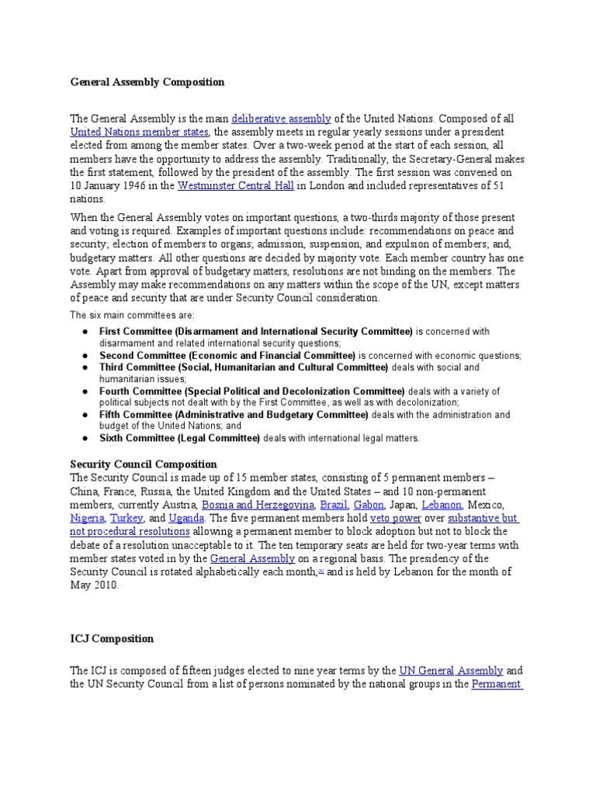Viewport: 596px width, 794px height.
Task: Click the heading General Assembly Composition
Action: click(x=147, y=81)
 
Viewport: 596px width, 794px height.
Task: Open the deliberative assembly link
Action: click(x=281, y=119)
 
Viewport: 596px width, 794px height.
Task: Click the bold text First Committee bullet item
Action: click(x=256, y=331)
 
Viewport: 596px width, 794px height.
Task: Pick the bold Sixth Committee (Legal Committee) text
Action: click(x=179, y=438)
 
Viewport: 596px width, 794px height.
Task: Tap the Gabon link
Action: click(x=369, y=505)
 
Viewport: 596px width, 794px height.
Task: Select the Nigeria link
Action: click(x=86, y=518)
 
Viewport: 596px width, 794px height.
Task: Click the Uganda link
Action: click(x=188, y=518)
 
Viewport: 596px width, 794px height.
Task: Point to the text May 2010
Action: click(x=95, y=585)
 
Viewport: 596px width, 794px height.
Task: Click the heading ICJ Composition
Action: click(x=113, y=639)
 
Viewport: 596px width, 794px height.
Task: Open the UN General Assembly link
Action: click(x=451, y=671)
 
